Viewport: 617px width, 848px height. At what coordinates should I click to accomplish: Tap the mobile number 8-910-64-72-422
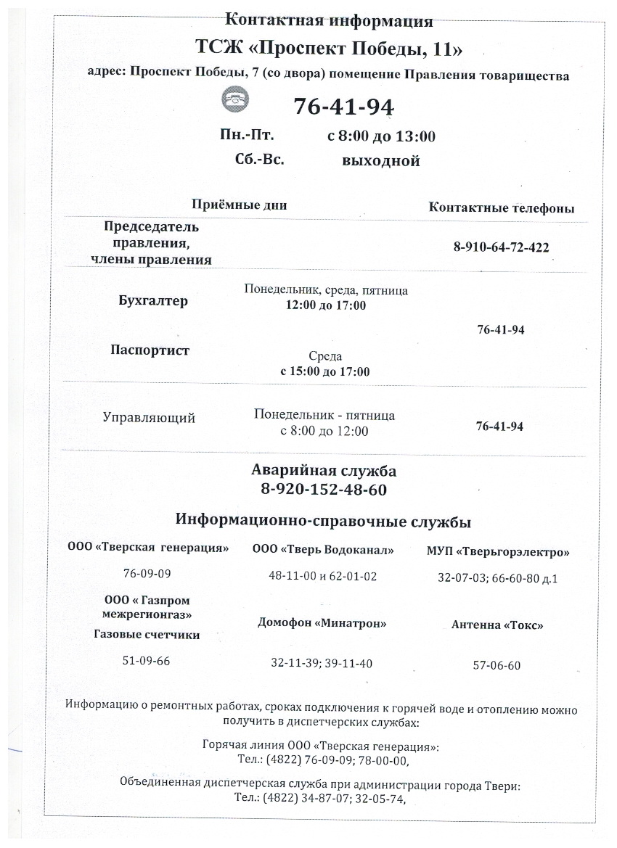tap(501, 247)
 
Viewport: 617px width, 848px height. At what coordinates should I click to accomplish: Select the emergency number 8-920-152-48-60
tap(324, 490)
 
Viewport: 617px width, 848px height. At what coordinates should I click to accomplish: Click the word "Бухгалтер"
tap(153, 301)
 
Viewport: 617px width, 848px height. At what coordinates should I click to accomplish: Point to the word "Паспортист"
tap(150, 350)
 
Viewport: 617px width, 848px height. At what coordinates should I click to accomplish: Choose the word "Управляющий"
tap(149, 418)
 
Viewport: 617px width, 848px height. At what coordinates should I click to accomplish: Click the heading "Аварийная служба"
tap(324, 471)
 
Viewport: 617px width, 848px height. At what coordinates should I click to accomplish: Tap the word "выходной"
tap(380, 161)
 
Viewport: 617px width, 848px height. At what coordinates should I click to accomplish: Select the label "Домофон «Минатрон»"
tap(322, 623)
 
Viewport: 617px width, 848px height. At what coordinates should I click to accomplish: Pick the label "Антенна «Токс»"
tap(497, 625)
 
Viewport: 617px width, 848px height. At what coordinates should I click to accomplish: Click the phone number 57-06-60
tap(497, 665)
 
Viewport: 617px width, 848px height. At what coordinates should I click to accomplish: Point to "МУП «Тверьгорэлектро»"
tap(498, 552)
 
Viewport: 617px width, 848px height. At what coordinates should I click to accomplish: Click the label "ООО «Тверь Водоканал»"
tap(323, 550)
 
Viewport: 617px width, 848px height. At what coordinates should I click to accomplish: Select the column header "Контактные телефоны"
tap(502, 208)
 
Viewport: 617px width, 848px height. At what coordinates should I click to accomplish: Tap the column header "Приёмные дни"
tap(239, 205)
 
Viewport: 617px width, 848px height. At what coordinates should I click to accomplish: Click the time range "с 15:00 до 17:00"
tap(325, 371)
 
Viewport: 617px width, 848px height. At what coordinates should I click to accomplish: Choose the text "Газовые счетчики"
tap(147, 635)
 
